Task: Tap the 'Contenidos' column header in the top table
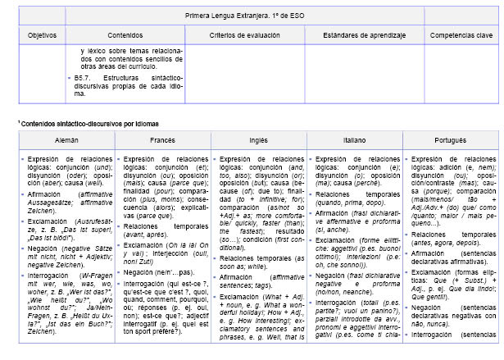pyautogui.click(x=125, y=36)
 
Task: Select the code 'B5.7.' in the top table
pyautogui.click(x=82, y=76)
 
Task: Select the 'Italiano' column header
pyautogui.click(x=354, y=140)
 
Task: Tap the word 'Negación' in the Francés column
pyautogui.click(x=141, y=247)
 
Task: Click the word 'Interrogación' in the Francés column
pyautogui.click(x=147, y=261)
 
